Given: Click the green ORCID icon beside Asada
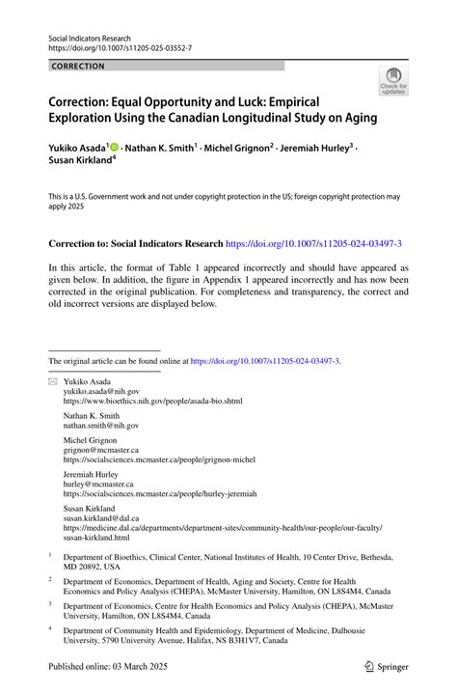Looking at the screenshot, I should [115, 148].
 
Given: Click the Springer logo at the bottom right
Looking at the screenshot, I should [387, 666].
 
